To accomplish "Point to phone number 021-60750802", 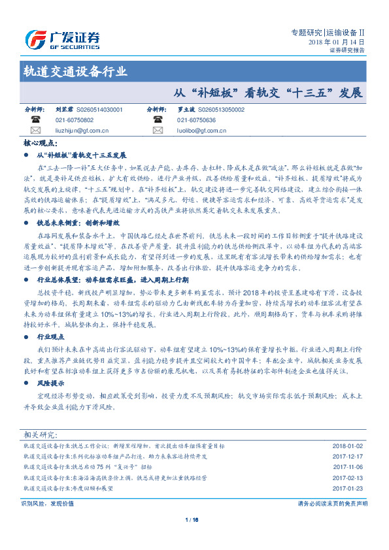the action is (x=75, y=120).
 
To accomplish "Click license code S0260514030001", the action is (x=99, y=110).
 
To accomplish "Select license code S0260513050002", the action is (x=221, y=110).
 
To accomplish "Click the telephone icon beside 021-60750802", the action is (x=35, y=120).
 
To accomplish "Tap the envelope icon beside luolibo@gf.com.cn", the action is (x=157, y=130).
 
